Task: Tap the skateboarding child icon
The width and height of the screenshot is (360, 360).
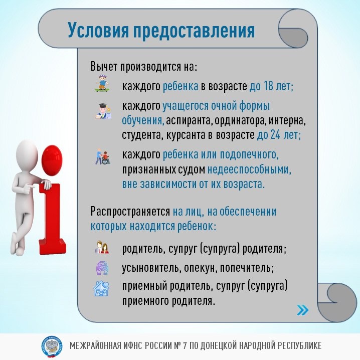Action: click(102, 84)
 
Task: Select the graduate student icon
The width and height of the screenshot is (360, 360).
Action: click(102, 111)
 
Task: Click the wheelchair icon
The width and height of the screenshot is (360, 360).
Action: click(102, 157)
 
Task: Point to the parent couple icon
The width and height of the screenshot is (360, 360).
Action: click(102, 248)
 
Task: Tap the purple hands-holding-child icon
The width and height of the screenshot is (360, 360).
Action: click(102, 267)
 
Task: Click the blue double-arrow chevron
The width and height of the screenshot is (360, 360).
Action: click(302, 310)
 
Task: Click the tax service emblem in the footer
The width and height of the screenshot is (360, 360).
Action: click(52, 346)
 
